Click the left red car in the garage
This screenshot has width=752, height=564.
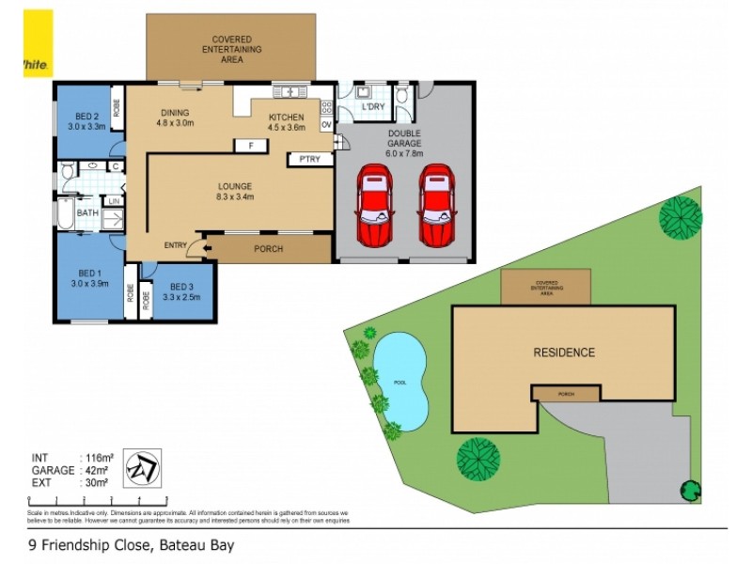click(374, 205)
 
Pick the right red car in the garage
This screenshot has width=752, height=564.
click(435, 205)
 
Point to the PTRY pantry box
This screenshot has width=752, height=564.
click(310, 159)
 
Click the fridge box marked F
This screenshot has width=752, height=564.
click(250, 145)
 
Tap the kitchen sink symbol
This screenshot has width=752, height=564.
click(290, 92)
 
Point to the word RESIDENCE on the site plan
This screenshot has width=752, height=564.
click(564, 353)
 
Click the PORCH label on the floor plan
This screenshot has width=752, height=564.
click(268, 249)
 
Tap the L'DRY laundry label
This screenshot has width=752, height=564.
click(373, 108)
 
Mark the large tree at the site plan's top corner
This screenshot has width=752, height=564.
click(680, 218)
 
